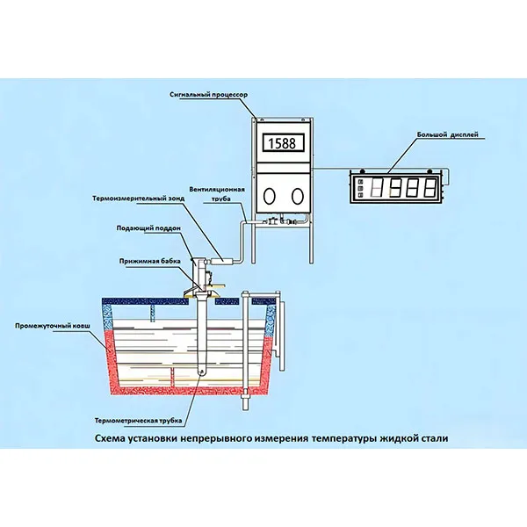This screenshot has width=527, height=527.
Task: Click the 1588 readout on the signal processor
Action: tap(280, 142)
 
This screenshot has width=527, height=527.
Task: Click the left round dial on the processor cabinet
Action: tap(268, 195)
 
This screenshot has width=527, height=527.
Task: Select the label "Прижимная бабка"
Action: tap(150, 261)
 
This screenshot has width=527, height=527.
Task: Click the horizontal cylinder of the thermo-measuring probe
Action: tap(226, 259)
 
